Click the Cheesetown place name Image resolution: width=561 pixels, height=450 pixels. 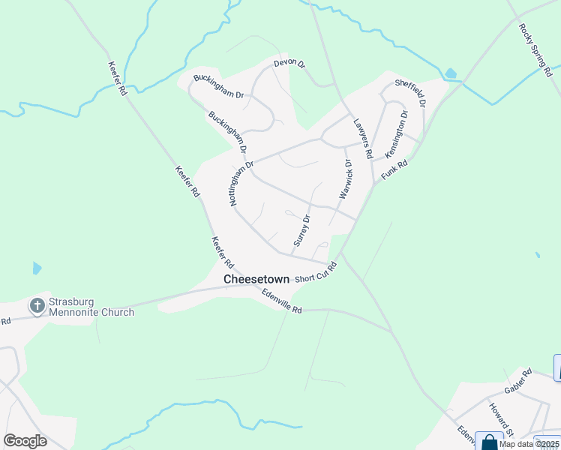255,279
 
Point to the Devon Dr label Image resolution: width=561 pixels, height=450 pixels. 289,64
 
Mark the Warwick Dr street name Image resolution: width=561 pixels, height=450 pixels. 345,178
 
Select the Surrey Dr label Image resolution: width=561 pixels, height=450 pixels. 301,231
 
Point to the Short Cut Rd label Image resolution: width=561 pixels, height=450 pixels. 316,273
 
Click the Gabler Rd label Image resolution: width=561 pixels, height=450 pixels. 517,381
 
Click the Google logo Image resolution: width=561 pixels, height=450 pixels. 25,441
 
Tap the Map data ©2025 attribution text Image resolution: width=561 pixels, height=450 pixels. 529,444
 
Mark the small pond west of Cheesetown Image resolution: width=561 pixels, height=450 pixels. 37,268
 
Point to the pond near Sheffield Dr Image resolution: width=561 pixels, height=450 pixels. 450,73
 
